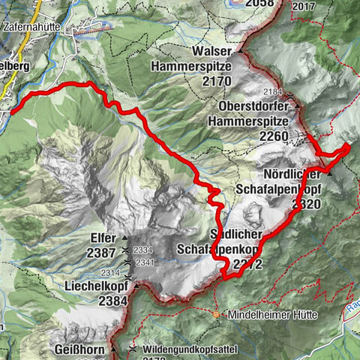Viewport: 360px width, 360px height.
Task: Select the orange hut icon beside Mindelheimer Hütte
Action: pos(217,314)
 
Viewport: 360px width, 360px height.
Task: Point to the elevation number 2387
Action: pos(102,253)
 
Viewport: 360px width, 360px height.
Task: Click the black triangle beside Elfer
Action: pos(124,238)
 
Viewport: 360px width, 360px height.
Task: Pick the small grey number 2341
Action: pos(144,262)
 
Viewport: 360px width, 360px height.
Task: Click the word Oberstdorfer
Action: pos(256,104)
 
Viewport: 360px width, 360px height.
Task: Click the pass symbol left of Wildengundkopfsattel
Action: pos(133,349)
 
